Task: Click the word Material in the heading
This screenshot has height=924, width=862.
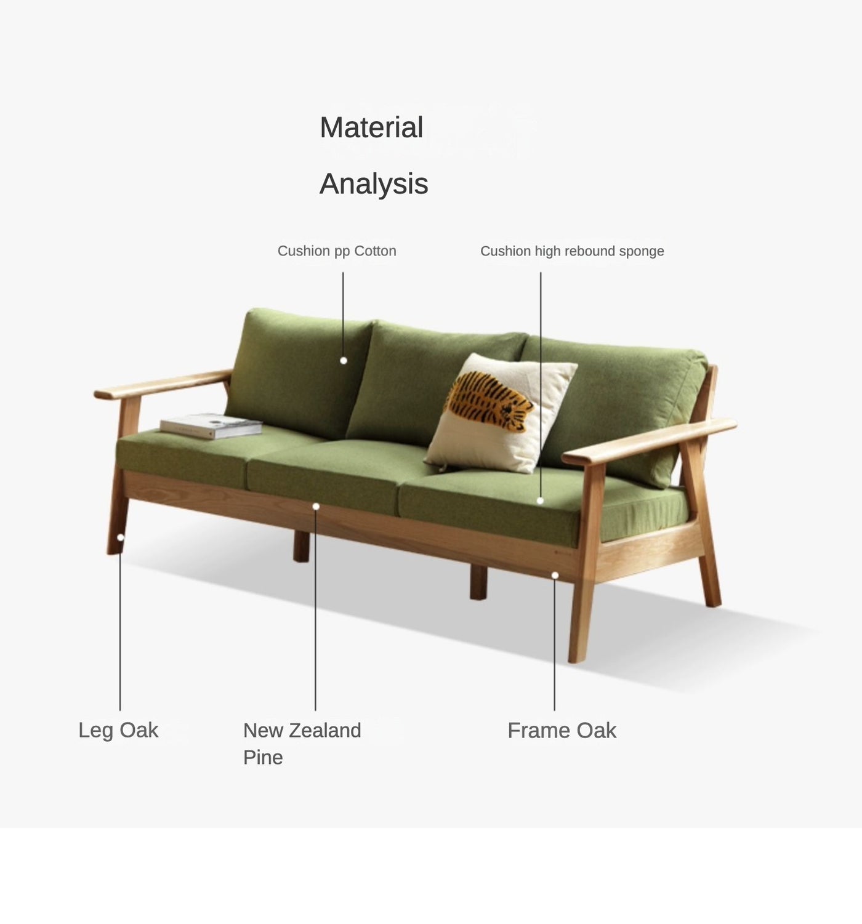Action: pyautogui.click(x=371, y=128)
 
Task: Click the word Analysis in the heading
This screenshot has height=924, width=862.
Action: pyautogui.click(x=374, y=183)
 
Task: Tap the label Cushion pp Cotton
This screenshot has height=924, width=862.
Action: pyautogui.click(x=337, y=251)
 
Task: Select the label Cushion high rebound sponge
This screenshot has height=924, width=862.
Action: pyautogui.click(x=572, y=251)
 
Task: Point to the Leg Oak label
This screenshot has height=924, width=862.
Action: pyautogui.click(x=118, y=730)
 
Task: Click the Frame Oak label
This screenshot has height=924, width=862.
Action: pyautogui.click(x=562, y=731)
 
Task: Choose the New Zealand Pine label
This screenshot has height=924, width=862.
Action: pyautogui.click(x=302, y=743)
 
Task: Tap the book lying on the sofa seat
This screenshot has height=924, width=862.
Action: pyautogui.click(x=211, y=425)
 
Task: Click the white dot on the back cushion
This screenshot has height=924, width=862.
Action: pyautogui.click(x=344, y=361)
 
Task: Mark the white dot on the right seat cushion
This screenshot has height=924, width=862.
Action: pyautogui.click(x=540, y=500)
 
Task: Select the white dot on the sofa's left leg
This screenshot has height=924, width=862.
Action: pyautogui.click(x=121, y=537)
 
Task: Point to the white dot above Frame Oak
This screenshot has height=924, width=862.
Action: pyautogui.click(x=555, y=576)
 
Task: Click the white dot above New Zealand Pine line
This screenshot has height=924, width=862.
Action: pyautogui.click(x=316, y=507)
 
